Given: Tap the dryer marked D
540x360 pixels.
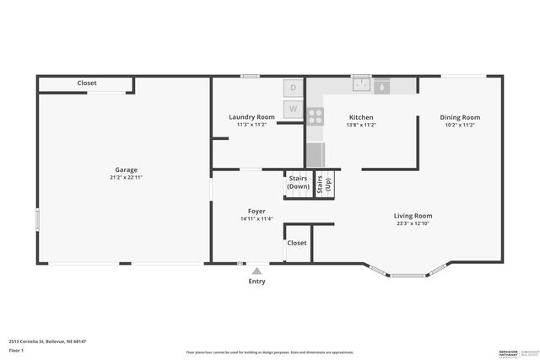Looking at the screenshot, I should [293, 88].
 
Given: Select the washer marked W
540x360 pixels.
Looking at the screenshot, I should [293, 108].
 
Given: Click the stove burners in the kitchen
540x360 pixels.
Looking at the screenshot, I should [315, 116].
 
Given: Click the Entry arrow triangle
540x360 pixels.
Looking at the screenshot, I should [256, 271].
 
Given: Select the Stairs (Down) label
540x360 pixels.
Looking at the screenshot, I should [298, 182].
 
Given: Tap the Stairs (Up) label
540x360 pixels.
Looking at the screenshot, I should [324, 185].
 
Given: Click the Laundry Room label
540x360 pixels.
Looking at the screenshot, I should [251, 116].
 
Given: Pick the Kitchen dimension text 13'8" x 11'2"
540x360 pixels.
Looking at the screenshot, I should [361, 125].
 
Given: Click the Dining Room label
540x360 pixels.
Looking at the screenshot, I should [460, 117].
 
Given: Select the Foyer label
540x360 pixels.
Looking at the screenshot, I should [256, 211].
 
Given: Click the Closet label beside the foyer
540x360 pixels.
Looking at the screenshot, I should [297, 243].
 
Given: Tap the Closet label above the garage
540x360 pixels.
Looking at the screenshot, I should [87, 83].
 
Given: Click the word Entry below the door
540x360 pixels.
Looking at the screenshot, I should [256, 282].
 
